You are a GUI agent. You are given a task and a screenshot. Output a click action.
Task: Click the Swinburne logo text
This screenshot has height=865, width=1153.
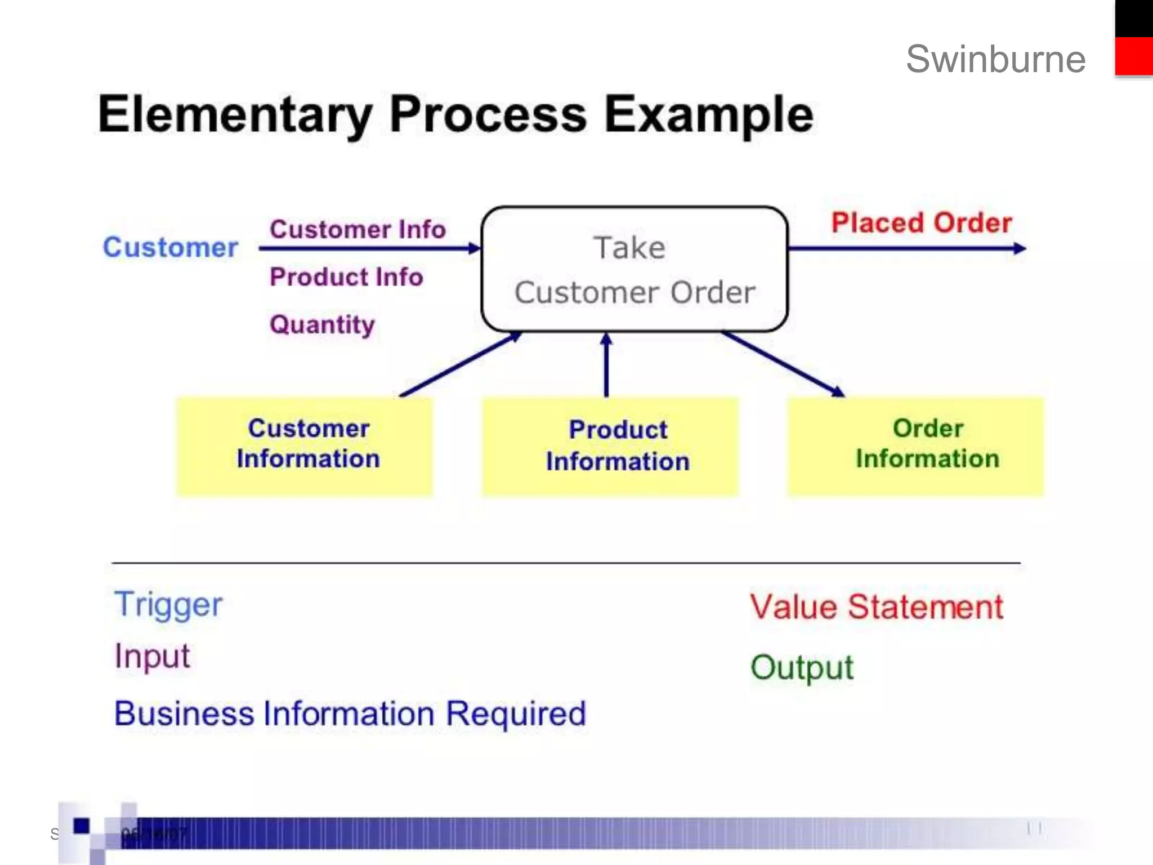point(995,59)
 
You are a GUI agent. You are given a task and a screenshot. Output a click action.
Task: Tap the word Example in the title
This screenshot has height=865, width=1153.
point(708,114)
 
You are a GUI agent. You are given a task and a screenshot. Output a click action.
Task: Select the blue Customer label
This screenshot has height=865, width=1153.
point(171,248)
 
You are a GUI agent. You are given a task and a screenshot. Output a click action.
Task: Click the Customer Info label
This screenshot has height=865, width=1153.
point(357,229)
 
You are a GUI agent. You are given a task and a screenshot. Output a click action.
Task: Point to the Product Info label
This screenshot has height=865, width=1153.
point(346,277)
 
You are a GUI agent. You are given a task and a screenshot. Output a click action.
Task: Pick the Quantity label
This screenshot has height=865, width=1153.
point(322,324)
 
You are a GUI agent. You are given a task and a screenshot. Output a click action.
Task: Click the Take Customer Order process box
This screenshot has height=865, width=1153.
point(634,269)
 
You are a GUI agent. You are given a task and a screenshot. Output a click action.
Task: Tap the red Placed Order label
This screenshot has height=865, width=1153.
point(922,222)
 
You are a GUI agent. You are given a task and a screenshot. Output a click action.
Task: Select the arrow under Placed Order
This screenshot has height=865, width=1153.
point(906,248)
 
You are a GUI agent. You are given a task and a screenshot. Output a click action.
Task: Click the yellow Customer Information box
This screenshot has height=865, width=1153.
point(305,447)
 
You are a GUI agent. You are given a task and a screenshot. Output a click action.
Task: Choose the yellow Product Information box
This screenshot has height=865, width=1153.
point(610,447)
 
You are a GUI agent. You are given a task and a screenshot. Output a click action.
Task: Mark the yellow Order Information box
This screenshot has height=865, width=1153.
point(915,447)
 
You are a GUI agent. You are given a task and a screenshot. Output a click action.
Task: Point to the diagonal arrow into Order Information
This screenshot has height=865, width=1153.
point(783,363)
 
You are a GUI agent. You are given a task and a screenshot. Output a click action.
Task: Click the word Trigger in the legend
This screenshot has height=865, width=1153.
point(168,605)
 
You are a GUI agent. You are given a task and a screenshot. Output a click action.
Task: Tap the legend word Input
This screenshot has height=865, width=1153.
point(152,656)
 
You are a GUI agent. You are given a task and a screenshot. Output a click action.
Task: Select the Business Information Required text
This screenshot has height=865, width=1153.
point(350,714)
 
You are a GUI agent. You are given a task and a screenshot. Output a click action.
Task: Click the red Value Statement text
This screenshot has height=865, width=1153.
point(877,607)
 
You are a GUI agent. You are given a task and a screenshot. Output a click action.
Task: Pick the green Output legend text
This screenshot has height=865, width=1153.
point(802,668)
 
